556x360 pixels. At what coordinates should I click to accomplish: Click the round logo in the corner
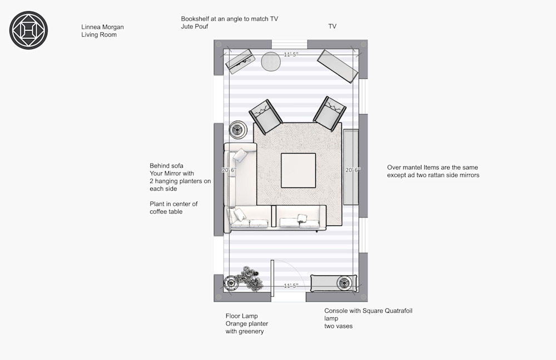coord(28,30)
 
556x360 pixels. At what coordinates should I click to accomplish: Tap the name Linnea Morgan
coord(102,27)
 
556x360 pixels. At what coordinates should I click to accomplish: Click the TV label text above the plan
coord(332,26)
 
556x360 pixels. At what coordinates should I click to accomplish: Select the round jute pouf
coord(271,62)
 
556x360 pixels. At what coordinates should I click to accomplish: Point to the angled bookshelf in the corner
coord(240,61)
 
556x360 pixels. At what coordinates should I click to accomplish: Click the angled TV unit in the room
coord(337,66)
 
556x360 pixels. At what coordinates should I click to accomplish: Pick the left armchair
coord(266,116)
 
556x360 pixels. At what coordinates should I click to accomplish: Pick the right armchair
coord(329,114)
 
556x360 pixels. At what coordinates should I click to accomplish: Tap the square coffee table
coord(298,170)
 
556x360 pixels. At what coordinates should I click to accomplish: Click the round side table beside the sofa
coord(237,130)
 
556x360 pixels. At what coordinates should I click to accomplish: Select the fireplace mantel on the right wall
coord(351,167)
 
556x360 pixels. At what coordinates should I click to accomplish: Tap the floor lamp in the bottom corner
coord(231,283)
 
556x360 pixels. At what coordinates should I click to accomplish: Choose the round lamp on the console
coord(344,283)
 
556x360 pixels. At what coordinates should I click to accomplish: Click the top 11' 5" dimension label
coord(291,55)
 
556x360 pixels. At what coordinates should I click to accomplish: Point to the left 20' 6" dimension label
coord(229,170)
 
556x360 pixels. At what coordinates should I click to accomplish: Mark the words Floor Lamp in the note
coord(241,316)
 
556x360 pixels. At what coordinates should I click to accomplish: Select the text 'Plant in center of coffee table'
coord(173,208)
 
